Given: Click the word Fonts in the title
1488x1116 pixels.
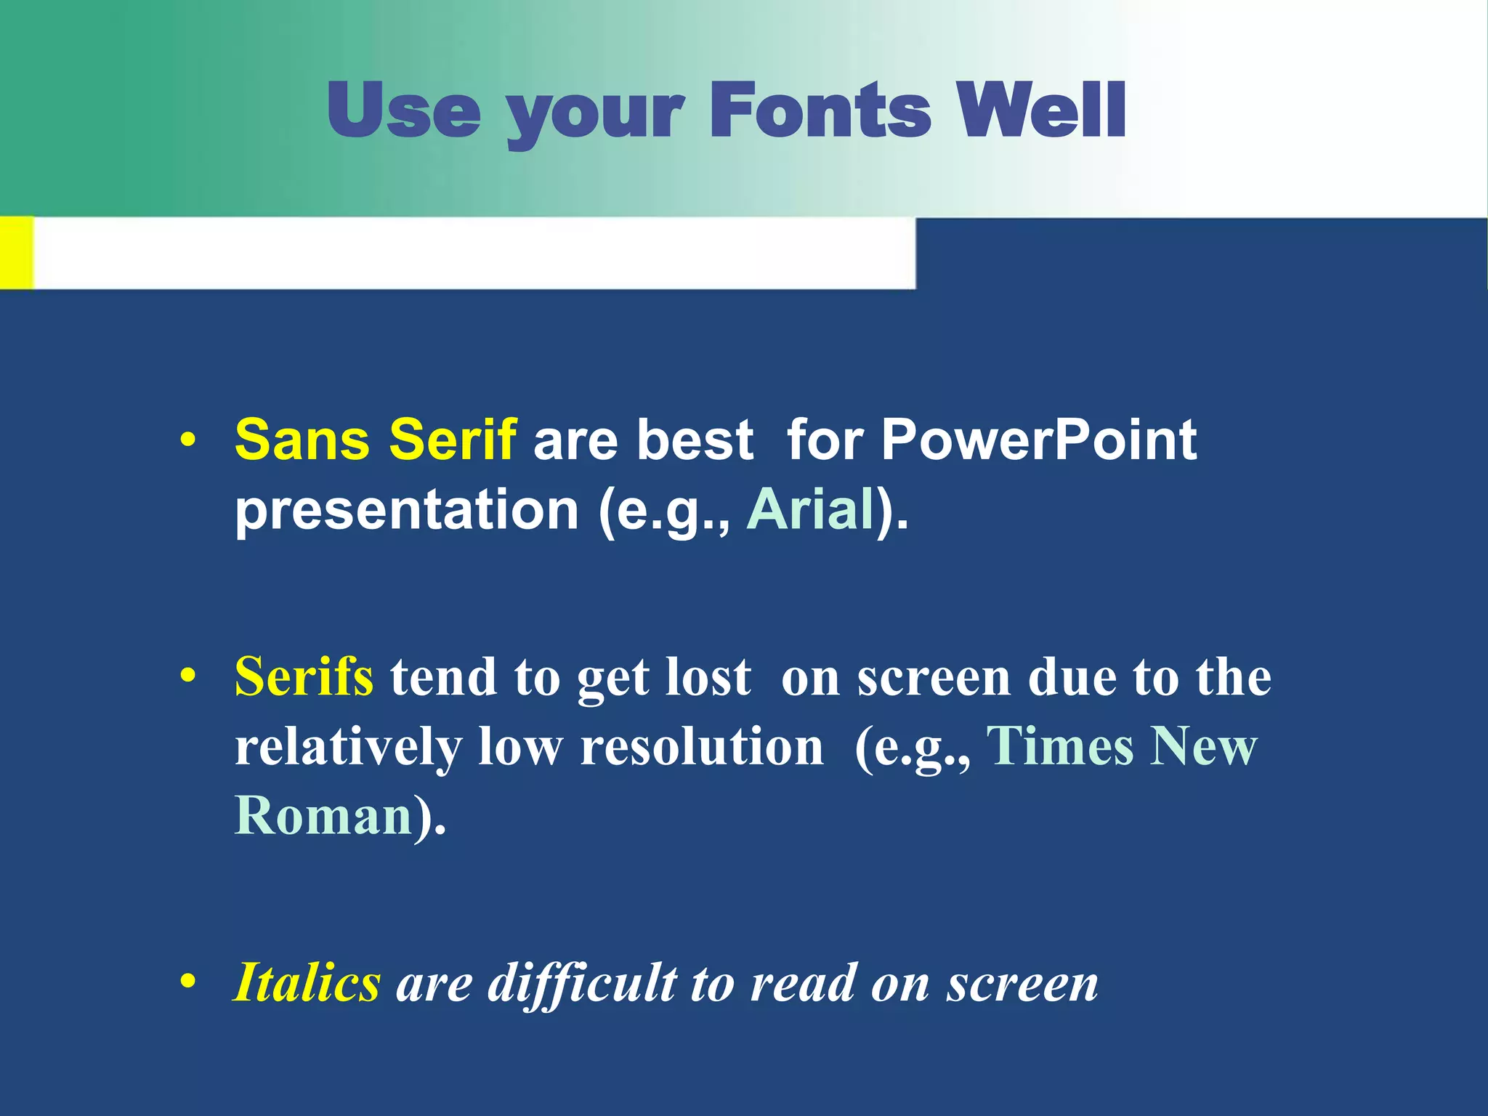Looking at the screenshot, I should click(x=819, y=110).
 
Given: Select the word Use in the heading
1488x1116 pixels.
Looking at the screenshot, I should click(x=404, y=110).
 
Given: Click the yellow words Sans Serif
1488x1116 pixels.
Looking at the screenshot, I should click(x=376, y=440).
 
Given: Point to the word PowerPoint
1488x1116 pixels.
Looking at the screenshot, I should click(x=1039, y=440).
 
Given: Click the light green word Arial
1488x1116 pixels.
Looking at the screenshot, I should click(x=811, y=509).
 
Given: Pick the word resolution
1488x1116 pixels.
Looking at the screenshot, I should click(x=702, y=748).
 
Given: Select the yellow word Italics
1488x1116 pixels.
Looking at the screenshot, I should click(x=307, y=983).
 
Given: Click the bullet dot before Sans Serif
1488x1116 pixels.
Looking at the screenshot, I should click(x=188, y=441).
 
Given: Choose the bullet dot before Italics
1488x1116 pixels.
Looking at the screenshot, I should click(x=188, y=983).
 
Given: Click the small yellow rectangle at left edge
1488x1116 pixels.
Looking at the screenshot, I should click(x=16, y=252).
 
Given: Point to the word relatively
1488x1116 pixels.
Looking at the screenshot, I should click(x=348, y=748).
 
